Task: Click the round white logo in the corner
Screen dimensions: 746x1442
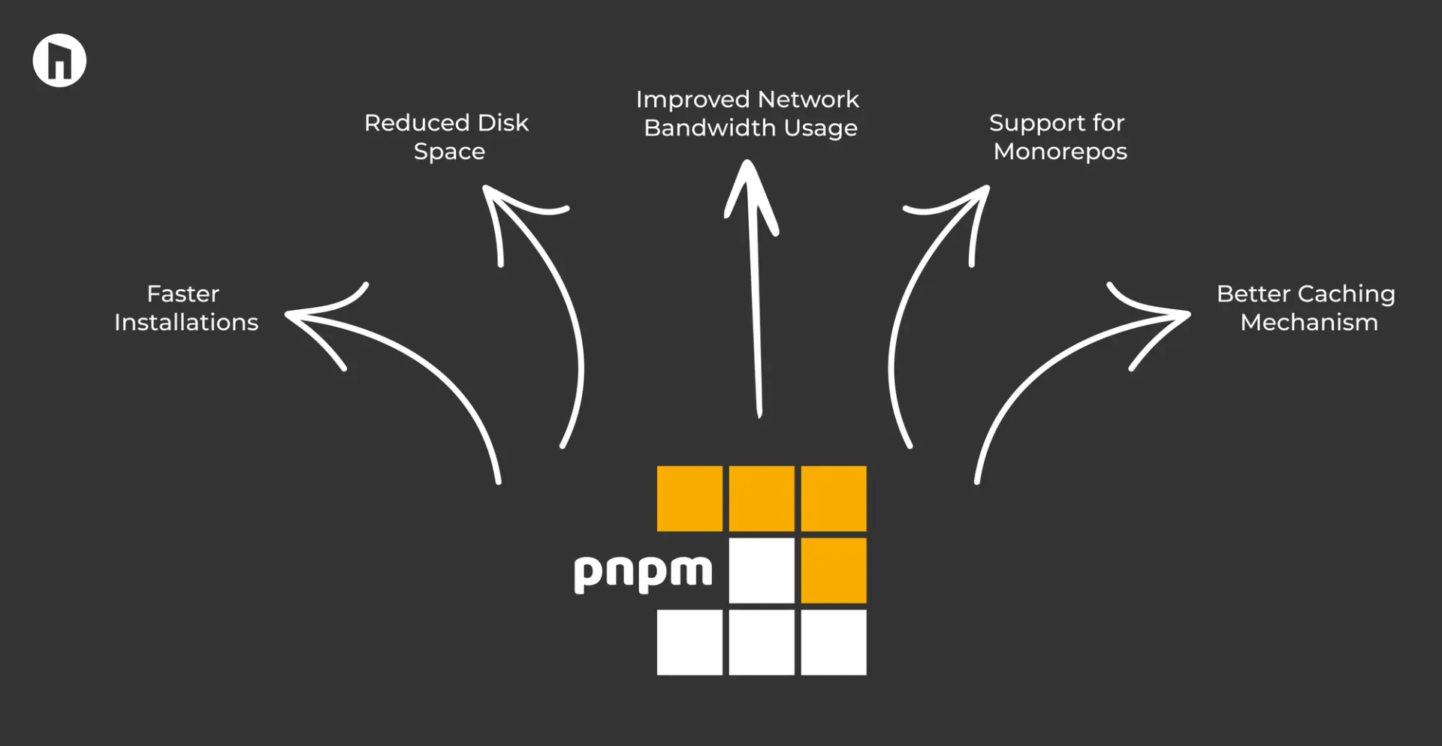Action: (x=59, y=61)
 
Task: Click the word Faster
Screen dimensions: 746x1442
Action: (x=183, y=293)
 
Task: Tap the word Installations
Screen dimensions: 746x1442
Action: (x=186, y=322)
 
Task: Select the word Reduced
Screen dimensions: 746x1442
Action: (x=416, y=122)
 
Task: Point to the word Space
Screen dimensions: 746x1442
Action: (x=449, y=152)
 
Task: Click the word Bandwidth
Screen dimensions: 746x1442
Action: (x=710, y=128)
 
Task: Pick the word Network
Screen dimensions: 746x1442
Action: (x=808, y=99)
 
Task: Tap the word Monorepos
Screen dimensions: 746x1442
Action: (x=1060, y=152)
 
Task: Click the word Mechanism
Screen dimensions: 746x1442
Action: (x=1309, y=322)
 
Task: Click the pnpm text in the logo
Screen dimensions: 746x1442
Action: (x=643, y=574)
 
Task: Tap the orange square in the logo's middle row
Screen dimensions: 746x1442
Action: (x=834, y=570)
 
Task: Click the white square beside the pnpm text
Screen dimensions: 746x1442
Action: (x=762, y=570)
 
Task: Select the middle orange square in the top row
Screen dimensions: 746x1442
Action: (x=762, y=498)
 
